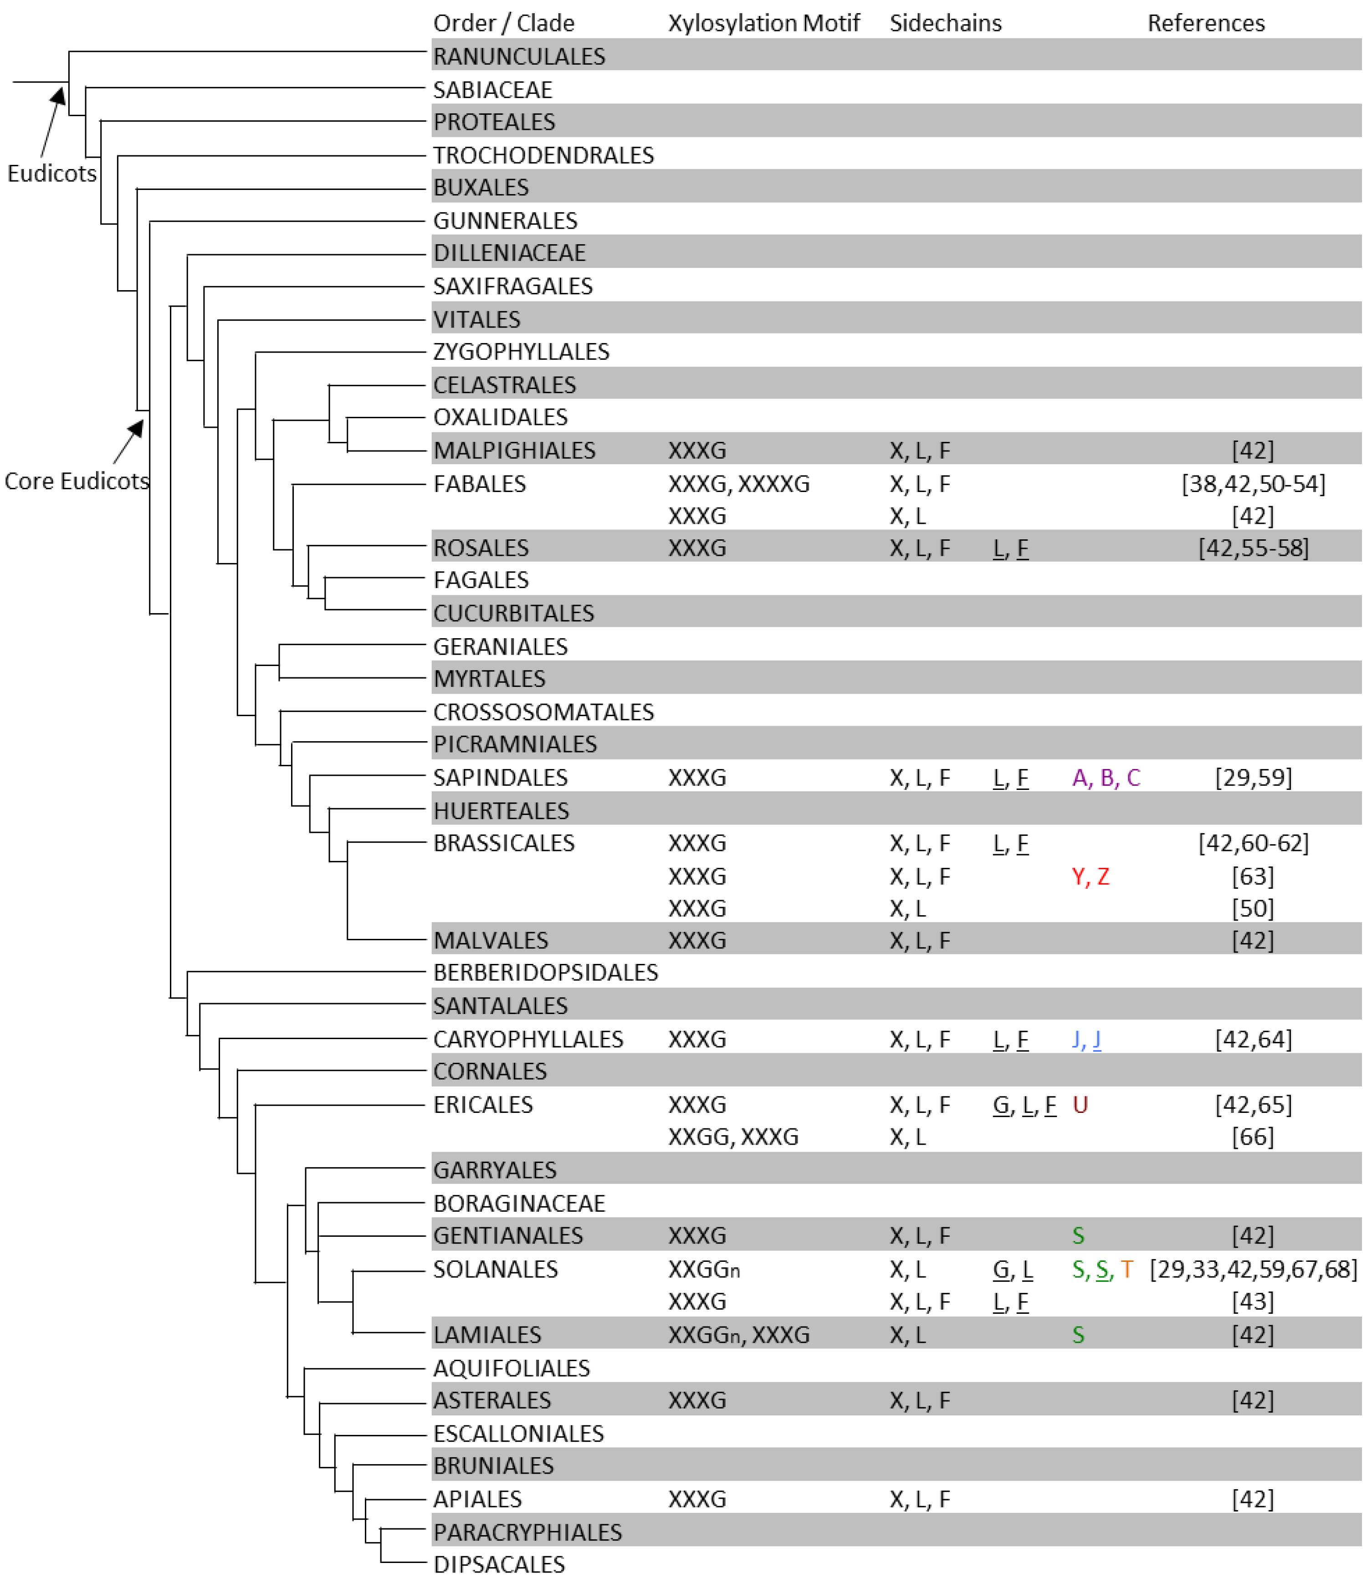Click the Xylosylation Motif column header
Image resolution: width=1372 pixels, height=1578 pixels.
pyautogui.click(x=763, y=23)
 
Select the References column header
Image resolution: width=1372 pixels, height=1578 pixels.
pyautogui.click(x=1205, y=23)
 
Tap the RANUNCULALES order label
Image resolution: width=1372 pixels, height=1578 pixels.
pyautogui.click(x=519, y=56)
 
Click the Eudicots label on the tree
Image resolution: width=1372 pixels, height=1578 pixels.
pyautogui.click(x=52, y=173)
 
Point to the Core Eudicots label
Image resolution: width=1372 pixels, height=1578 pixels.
pyautogui.click(x=77, y=481)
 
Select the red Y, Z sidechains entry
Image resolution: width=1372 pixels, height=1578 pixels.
pyautogui.click(x=1090, y=876)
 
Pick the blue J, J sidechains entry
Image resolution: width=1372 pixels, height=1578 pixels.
pyautogui.click(x=1086, y=1039)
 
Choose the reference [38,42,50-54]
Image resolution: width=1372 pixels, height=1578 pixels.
pyautogui.click(x=1253, y=484)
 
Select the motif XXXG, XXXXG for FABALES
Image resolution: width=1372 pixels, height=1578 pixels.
pyautogui.click(x=738, y=484)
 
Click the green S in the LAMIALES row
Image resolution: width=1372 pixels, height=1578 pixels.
pyautogui.click(x=1078, y=1335)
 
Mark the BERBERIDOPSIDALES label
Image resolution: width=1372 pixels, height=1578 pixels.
pyautogui.click(x=545, y=973)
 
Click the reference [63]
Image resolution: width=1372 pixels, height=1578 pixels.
pyautogui.click(x=1253, y=876)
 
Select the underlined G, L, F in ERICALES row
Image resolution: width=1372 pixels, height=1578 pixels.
pyautogui.click(x=1024, y=1104)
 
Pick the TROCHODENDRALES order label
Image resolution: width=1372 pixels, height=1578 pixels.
pyautogui.click(x=543, y=155)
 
